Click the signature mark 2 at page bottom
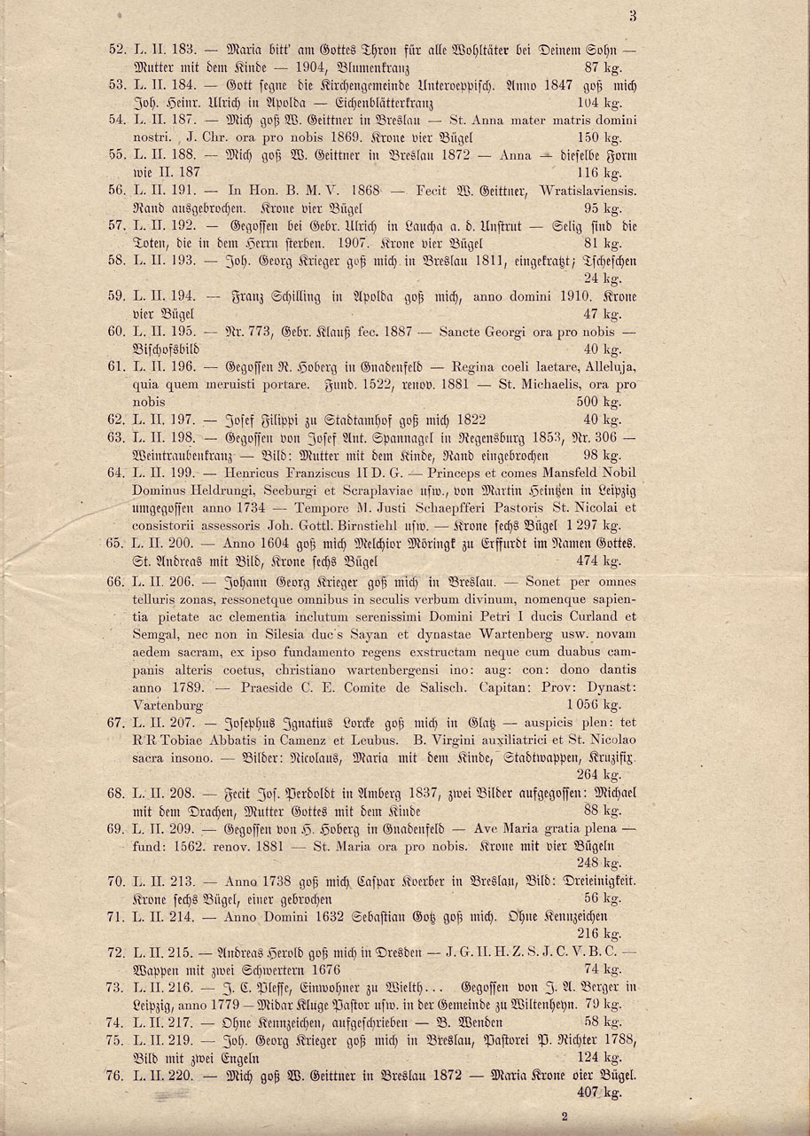tap(563, 1119)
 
